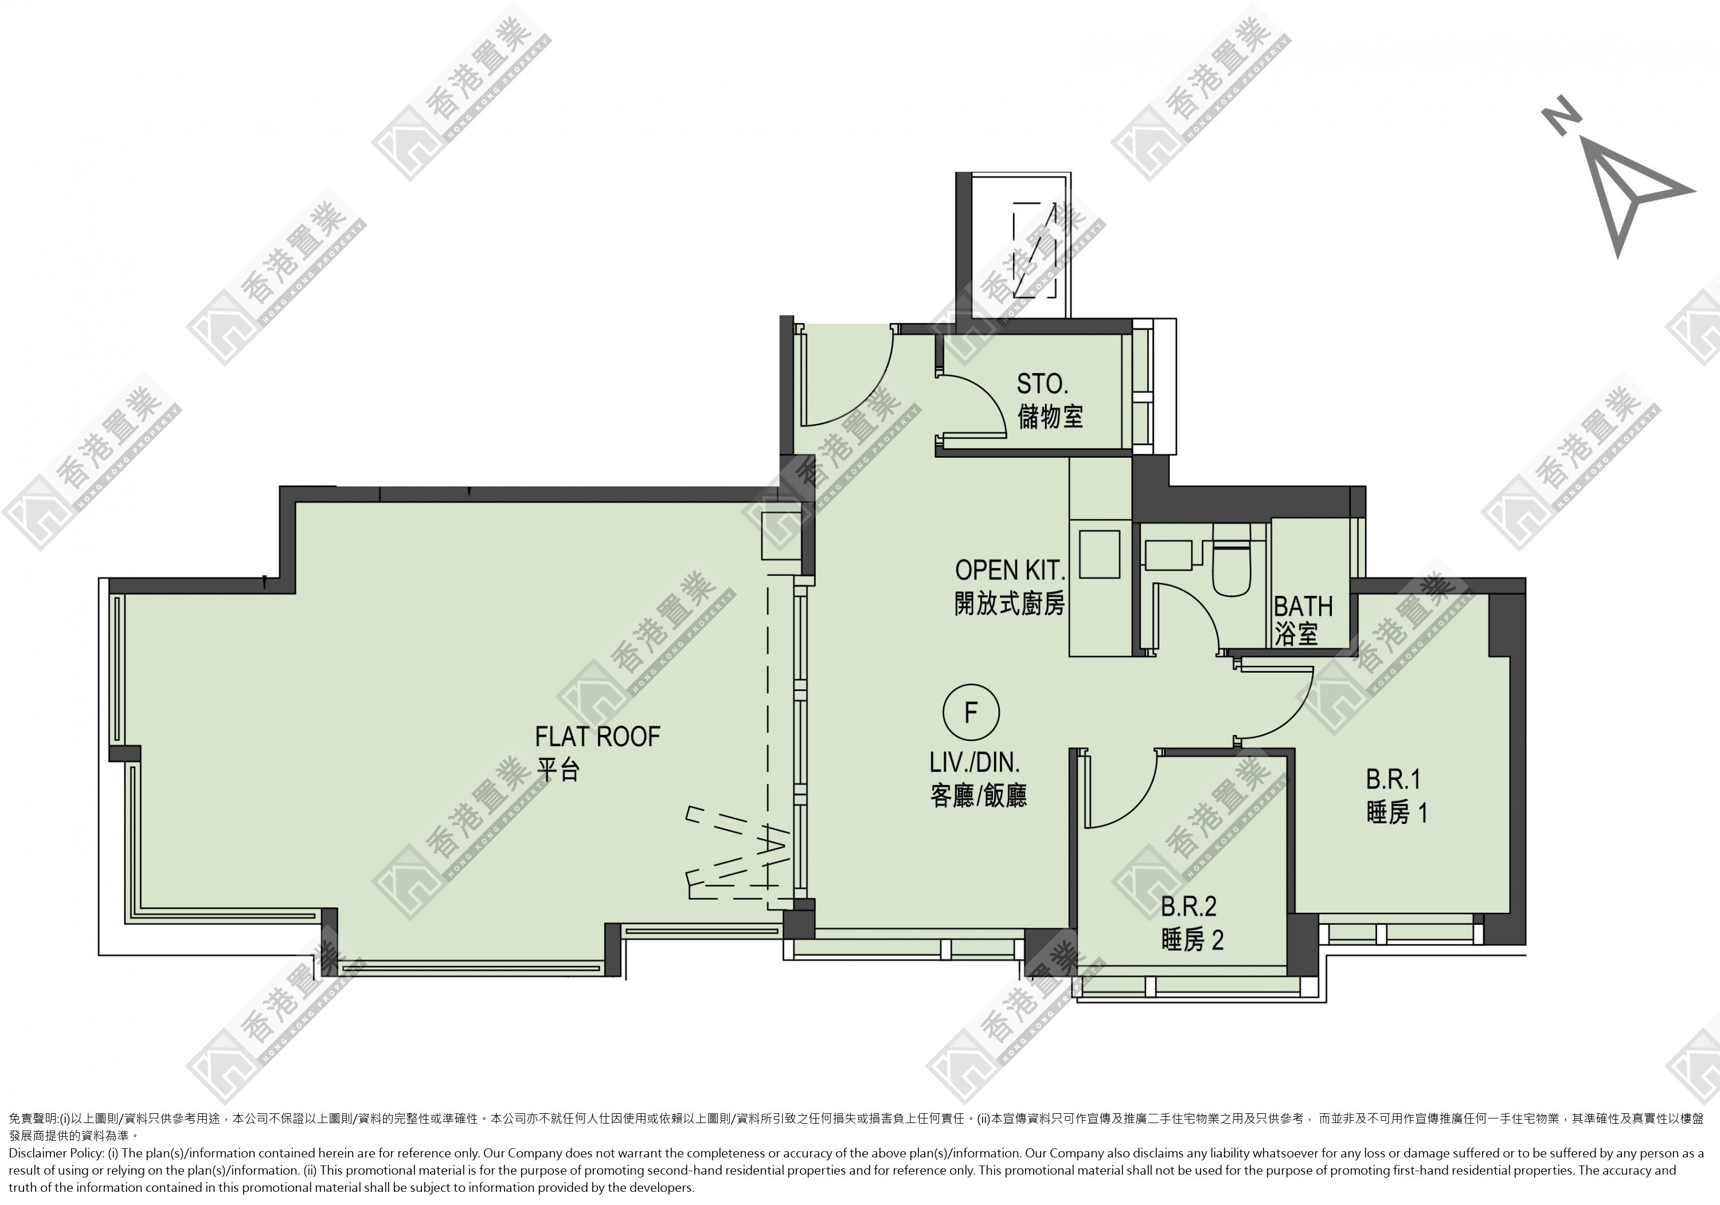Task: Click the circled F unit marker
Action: (x=971, y=712)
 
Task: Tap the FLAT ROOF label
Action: (x=597, y=737)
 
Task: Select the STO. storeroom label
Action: (x=1042, y=384)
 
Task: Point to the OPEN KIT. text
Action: (x=1010, y=570)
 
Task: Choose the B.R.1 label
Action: (x=1393, y=780)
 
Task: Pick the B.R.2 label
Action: (x=1189, y=907)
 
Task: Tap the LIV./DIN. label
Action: (x=975, y=763)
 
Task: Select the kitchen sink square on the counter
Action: (x=1099, y=554)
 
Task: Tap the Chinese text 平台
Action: (x=558, y=770)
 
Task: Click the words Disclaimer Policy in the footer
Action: (x=56, y=1153)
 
